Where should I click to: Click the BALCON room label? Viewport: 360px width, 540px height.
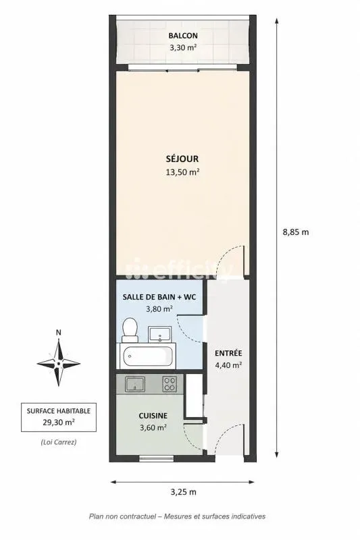coord(183,36)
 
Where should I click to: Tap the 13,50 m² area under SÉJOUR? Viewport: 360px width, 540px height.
coord(183,172)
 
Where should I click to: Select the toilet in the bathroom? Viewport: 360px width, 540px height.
coord(130,330)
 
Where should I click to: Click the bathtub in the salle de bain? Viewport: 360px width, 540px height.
coord(148,356)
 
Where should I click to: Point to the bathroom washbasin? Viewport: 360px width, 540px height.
coord(159,334)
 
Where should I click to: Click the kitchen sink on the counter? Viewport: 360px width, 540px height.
coord(135,384)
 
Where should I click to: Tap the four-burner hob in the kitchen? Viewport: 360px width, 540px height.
coord(170,384)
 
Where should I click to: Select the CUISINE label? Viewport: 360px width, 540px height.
coord(153,416)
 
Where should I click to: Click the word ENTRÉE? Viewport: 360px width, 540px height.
coord(228,353)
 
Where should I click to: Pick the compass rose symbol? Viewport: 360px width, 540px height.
coord(59,363)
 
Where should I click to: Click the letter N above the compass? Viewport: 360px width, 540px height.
coord(59,333)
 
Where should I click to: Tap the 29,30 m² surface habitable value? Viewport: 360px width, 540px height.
coord(59,422)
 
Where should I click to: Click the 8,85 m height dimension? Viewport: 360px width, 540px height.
coord(296,232)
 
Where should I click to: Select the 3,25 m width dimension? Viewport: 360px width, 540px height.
coord(183,492)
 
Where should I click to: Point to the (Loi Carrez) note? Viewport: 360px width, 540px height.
coord(59,442)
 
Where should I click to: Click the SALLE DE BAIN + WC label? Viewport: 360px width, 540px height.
coord(159,297)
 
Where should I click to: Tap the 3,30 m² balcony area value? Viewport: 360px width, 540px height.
coord(183,47)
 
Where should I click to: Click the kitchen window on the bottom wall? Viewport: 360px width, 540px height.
coord(157,458)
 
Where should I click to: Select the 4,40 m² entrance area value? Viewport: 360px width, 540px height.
coord(228,365)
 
